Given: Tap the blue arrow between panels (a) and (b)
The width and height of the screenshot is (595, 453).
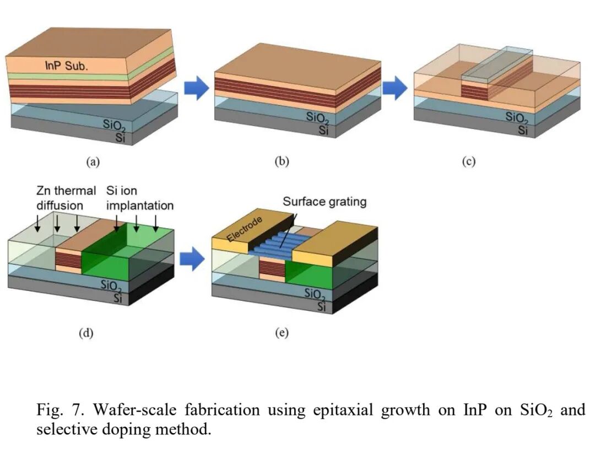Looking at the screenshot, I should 196,88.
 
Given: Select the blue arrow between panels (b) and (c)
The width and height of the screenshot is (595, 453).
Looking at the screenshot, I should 395,88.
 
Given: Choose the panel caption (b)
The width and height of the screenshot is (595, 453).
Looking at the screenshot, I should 282,161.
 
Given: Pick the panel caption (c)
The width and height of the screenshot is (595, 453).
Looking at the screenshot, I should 469,161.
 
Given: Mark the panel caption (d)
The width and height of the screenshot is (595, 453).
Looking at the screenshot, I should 86,332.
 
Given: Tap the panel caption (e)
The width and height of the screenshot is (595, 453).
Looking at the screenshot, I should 282,332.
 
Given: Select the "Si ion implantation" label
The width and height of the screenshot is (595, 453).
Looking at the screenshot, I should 140,198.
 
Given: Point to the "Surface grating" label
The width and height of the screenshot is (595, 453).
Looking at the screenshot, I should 324,201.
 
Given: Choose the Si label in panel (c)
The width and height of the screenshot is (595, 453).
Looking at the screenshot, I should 522,131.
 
